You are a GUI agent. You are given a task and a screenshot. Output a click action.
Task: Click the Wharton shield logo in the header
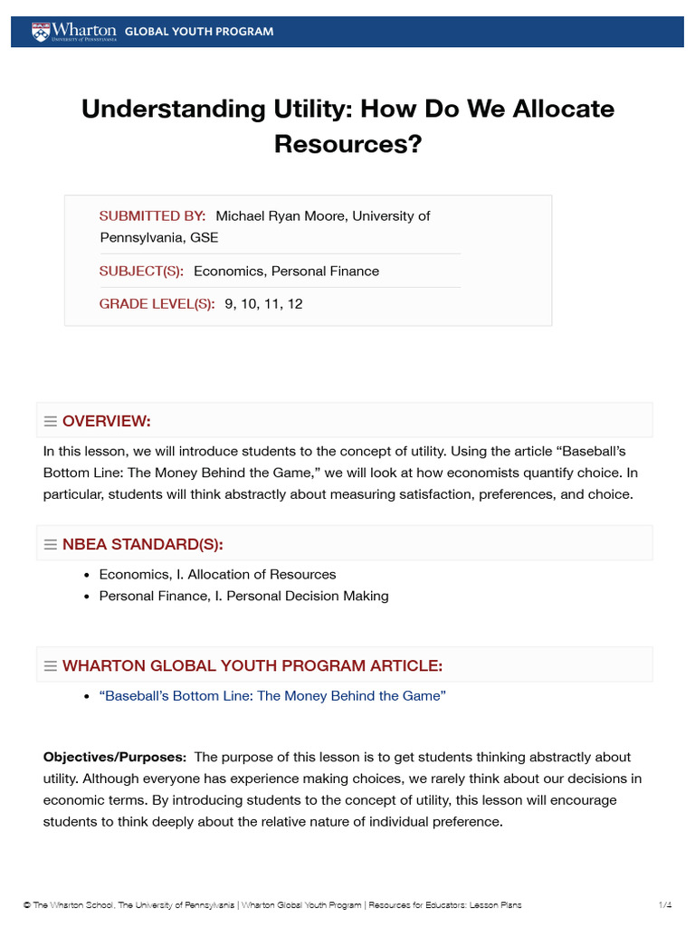point(37,32)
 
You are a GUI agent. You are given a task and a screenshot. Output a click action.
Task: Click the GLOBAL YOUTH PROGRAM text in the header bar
point(198,32)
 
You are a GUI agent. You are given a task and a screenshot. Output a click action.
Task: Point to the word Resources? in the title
point(348,144)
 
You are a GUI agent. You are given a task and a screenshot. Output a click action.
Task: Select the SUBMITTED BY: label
point(152,216)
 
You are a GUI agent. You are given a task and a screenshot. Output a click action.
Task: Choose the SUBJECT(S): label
point(141,272)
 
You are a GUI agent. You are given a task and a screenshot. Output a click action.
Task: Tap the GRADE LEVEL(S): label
point(157,304)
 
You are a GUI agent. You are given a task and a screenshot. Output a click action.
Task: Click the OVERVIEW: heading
point(106,421)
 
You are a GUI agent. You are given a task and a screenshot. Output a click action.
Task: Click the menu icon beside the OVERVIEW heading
point(51,422)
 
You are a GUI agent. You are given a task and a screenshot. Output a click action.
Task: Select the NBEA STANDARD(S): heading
point(142,544)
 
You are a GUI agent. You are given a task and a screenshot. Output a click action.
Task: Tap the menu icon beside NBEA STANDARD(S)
point(51,545)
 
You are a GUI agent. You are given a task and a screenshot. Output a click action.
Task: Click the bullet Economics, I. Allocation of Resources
point(217,575)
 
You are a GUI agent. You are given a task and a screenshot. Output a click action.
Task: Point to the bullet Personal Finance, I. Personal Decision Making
point(243,597)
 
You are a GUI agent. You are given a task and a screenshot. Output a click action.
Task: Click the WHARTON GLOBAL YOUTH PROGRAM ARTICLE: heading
point(252,666)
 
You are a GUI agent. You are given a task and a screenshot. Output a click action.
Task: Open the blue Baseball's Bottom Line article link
point(272,696)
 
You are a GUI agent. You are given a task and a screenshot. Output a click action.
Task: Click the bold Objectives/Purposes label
point(115,757)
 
